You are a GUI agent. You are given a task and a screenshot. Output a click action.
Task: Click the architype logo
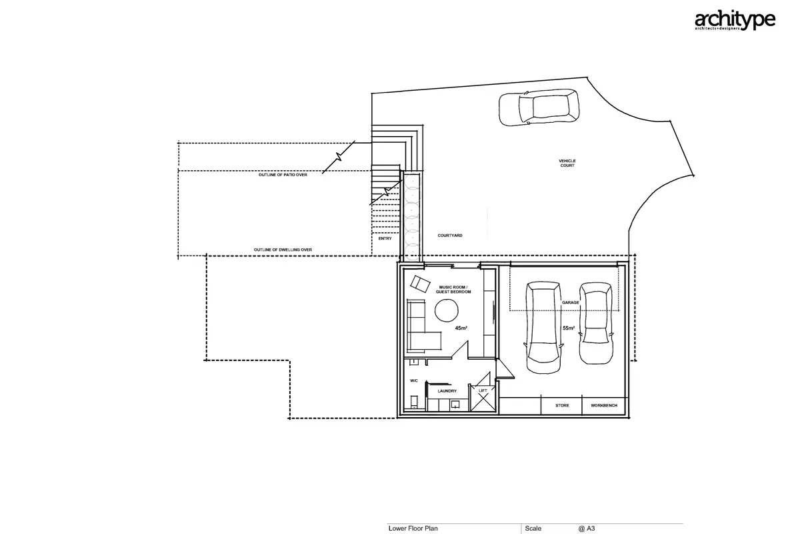pos(735,20)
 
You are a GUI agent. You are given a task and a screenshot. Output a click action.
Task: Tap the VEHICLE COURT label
pos(567,163)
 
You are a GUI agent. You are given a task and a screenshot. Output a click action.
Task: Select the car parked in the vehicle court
pos(539,107)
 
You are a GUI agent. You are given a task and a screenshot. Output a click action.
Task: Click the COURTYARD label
pos(450,236)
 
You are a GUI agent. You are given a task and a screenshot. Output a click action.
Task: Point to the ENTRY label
pos(385,238)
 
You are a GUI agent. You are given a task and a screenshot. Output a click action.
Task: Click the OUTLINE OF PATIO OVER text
pos(283,175)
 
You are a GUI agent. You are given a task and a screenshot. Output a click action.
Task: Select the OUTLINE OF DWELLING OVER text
pos(283,250)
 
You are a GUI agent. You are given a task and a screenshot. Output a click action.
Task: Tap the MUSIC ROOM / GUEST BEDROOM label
pos(453,289)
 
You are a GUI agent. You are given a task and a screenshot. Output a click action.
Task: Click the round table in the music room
pos(447,310)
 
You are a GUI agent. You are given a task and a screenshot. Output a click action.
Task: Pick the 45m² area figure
pos(461,328)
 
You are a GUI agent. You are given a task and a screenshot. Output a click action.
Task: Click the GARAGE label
pos(571,302)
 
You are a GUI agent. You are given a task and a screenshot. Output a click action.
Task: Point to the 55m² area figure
pos(569,328)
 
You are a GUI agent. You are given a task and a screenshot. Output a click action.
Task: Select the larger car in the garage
pos(543,328)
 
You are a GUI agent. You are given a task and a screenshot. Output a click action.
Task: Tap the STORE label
pos(562,405)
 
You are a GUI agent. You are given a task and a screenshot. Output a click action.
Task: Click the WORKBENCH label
pos(604,405)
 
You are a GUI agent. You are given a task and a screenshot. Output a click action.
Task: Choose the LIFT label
pos(483,390)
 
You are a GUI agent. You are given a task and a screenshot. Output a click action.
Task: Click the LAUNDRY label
pos(447,391)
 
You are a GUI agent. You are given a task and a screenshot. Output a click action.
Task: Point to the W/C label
pos(414,380)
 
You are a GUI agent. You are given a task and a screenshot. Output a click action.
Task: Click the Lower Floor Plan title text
pos(413,528)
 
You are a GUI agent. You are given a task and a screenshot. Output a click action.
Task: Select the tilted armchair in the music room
pos(420,284)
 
